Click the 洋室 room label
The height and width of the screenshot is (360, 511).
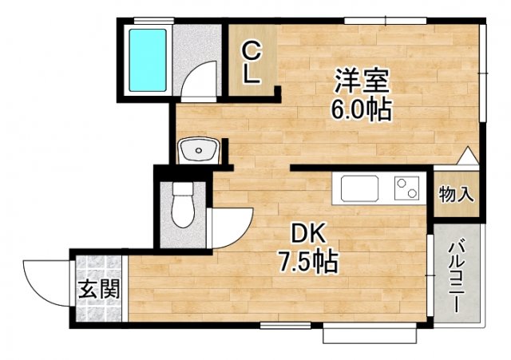pyautogui.click(x=361, y=82)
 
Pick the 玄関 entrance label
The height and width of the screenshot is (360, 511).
pyautogui.click(x=99, y=289)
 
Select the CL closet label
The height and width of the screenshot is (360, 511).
pyautogui.click(x=251, y=64)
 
